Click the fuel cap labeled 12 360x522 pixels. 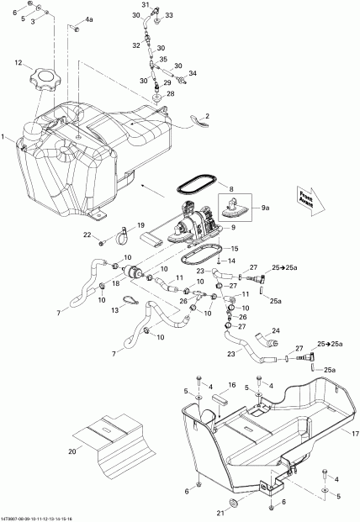[x=45, y=82]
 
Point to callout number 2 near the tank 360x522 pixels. [x=207, y=115]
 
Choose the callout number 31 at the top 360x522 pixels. [x=145, y=6]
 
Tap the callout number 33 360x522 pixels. [x=169, y=15]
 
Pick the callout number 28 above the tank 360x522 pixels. [x=170, y=94]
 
